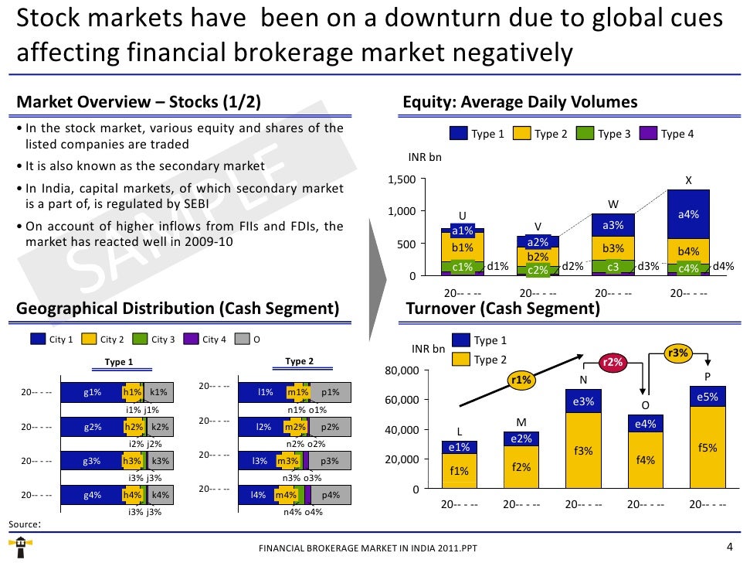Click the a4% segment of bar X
(688, 214)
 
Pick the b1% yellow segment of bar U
(462, 247)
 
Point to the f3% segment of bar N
(583, 450)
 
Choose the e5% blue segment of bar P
(708, 397)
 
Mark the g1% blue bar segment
(92, 392)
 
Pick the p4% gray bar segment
(331, 495)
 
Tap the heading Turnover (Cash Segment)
(503, 309)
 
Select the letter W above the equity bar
(613, 204)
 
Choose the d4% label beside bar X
(724, 267)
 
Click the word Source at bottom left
(23, 524)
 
